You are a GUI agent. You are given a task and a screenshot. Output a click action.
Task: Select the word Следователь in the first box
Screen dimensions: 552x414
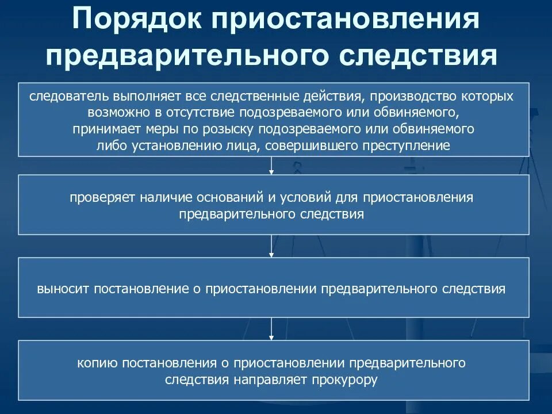tap(65, 95)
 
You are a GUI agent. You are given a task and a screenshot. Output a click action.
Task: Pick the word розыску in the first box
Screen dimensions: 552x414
tap(229, 128)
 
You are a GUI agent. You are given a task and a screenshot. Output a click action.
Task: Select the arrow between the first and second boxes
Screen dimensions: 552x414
tap(271, 166)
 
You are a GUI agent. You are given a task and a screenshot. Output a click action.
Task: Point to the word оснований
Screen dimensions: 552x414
tap(227, 197)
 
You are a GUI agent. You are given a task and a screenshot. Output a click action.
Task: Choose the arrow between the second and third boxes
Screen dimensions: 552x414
tap(271, 246)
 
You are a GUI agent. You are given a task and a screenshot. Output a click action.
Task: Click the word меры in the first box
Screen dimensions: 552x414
tap(142, 128)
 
